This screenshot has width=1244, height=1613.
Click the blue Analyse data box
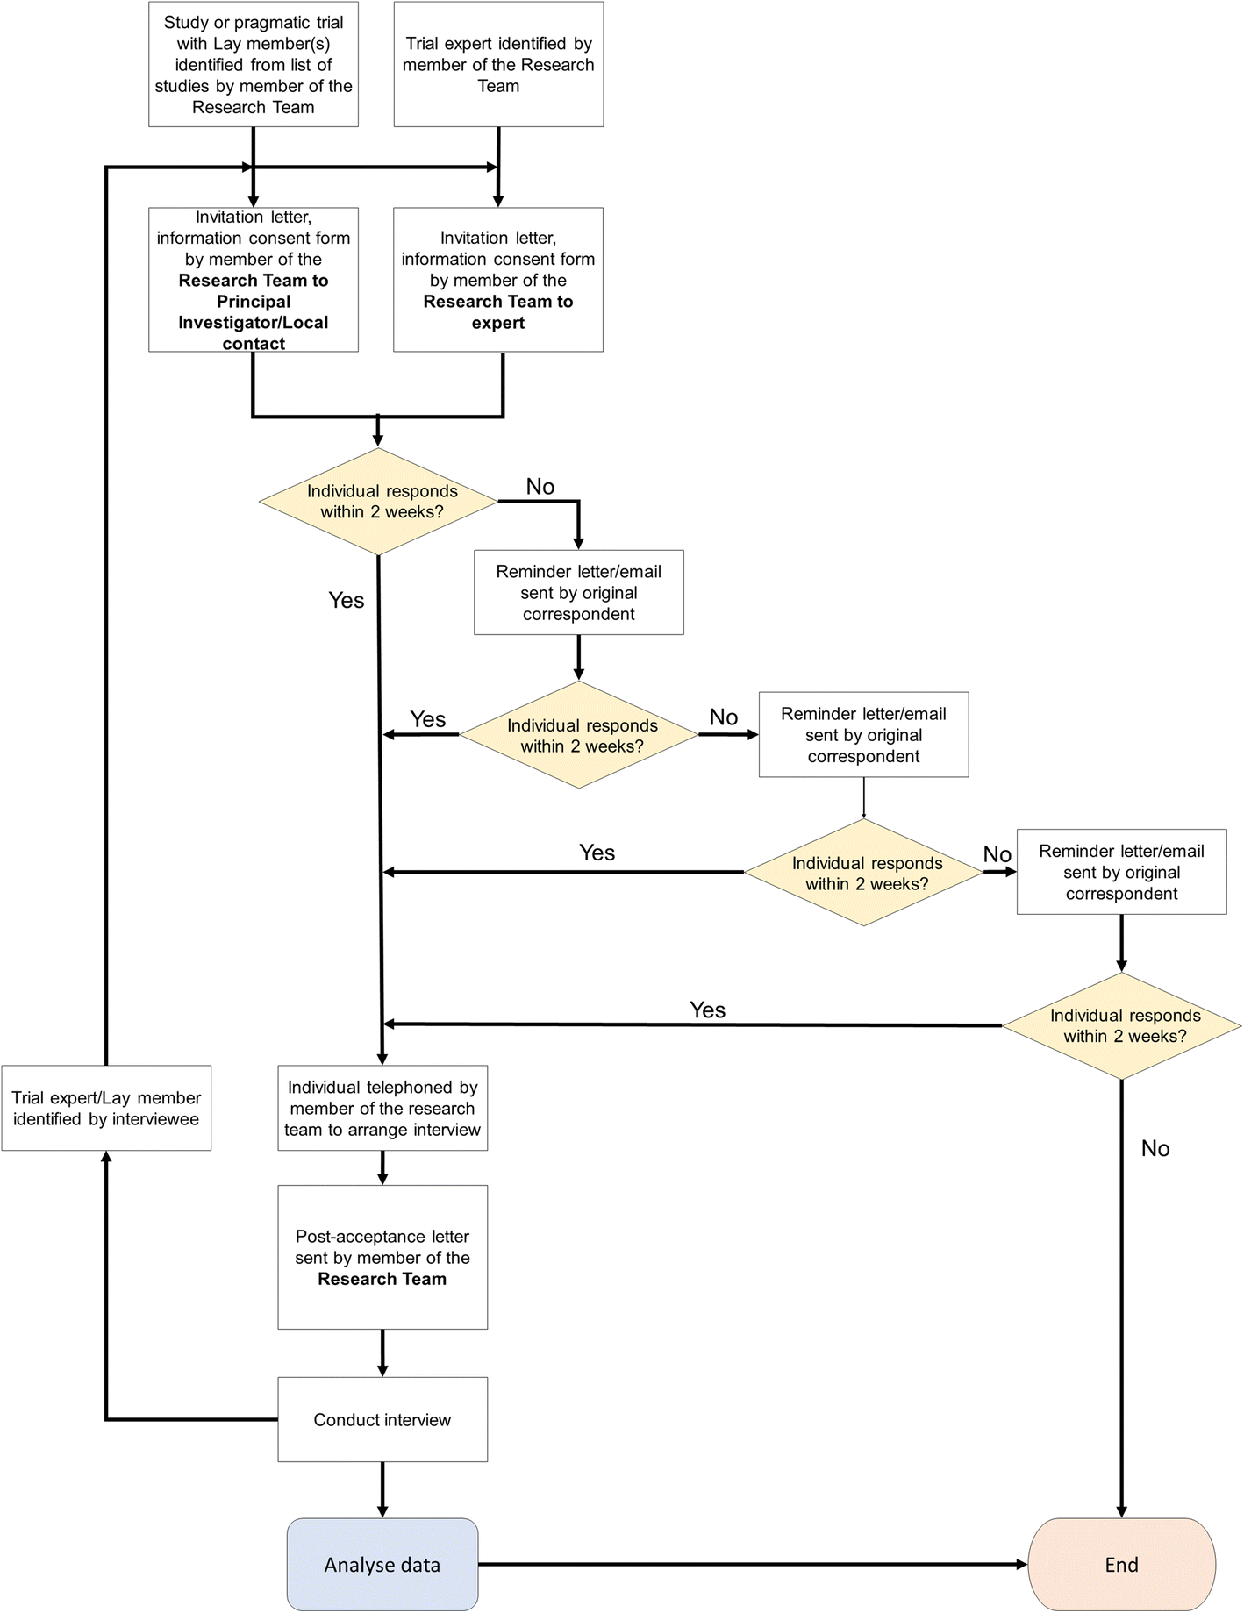click(x=382, y=1564)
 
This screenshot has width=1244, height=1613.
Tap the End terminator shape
click(x=1121, y=1564)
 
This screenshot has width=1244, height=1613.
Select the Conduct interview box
click(x=382, y=1419)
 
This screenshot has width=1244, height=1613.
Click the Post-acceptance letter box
click(x=382, y=1257)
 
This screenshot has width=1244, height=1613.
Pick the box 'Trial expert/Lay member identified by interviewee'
click(x=106, y=1108)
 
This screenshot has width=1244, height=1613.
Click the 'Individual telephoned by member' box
click(x=382, y=1108)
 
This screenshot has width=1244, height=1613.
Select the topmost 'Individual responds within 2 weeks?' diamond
click(x=379, y=502)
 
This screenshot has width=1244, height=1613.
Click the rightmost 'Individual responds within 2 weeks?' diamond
click(x=1122, y=1025)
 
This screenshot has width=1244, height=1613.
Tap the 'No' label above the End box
click(x=1155, y=1148)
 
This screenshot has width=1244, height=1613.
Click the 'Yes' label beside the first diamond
click(x=346, y=600)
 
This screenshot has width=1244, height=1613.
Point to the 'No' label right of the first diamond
click(x=540, y=487)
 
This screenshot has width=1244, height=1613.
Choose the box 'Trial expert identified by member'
click(x=498, y=64)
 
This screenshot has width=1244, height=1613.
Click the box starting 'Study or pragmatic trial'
click(x=254, y=64)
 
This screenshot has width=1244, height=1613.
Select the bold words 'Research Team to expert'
click(x=498, y=312)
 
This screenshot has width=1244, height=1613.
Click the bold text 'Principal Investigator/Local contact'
click(x=254, y=322)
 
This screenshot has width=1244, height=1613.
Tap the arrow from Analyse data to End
click(x=752, y=1564)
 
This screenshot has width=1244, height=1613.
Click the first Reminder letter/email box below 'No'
click(x=578, y=592)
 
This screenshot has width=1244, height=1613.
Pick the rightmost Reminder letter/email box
click(x=1121, y=872)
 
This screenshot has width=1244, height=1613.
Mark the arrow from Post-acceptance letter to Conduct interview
click(x=382, y=1352)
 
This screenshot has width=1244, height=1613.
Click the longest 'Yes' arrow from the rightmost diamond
click(x=693, y=1024)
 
